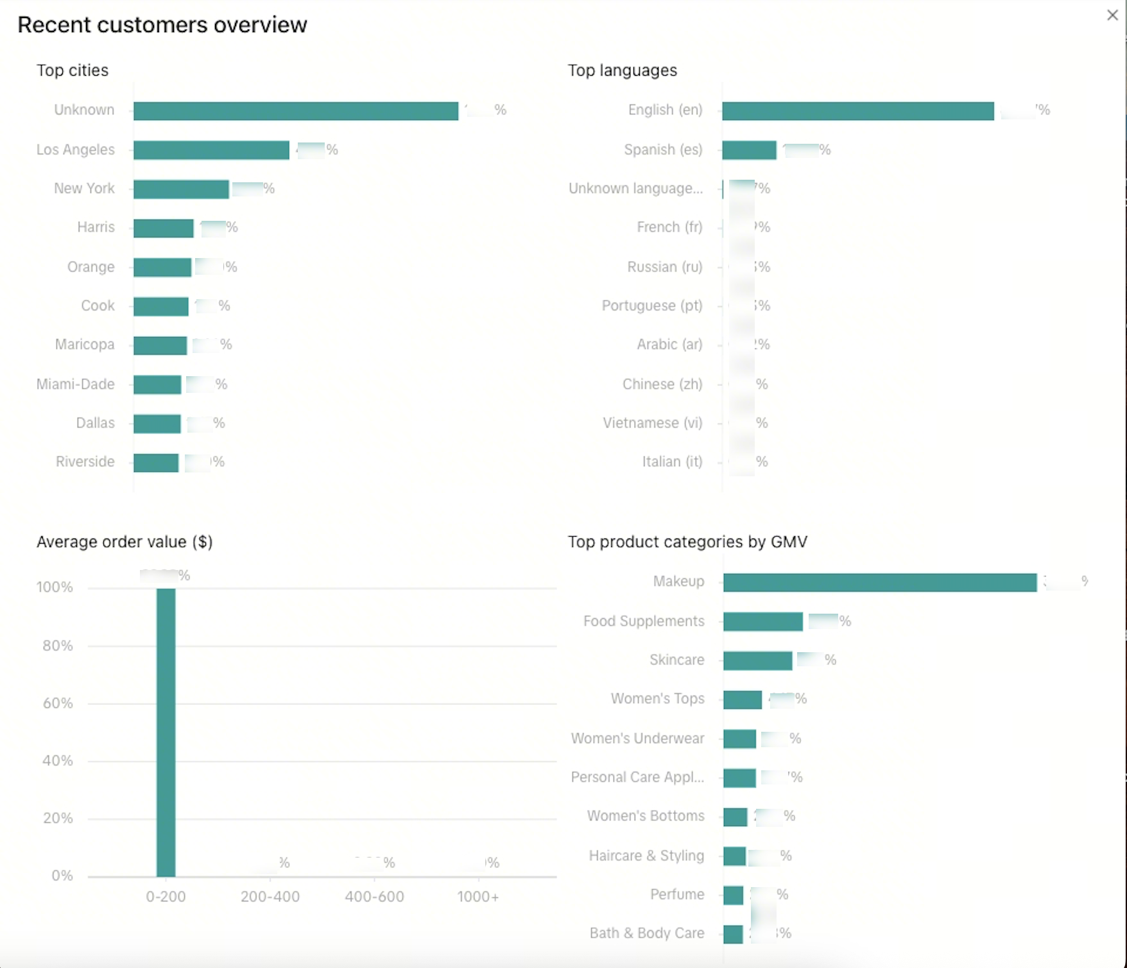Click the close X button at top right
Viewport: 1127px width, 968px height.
click(1112, 15)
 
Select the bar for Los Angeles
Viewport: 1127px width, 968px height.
click(211, 150)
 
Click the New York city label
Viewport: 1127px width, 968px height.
click(84, 189)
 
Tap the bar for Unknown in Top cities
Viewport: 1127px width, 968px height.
click(296, 110)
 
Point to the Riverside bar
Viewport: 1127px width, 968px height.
click(156, 462)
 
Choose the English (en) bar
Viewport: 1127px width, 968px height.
click(857, 110)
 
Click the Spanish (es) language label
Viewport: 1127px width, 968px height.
click(663, 150)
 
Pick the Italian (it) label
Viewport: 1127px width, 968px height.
click(672, 462)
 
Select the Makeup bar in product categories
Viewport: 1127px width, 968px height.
click(879, 582)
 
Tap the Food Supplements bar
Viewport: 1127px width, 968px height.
click(762, 621)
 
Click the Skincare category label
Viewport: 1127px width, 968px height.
click(676, 660)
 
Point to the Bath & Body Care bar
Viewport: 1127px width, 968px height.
click(733, 934)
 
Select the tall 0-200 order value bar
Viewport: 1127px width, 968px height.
click(166, 732)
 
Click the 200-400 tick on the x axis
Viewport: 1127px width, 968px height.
click(270, 897)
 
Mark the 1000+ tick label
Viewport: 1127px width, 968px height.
click(478, 897)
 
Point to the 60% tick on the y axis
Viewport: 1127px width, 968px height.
click(58, 704)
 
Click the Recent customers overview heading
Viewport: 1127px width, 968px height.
click(162, 25)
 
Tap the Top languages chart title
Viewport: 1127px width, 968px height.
click(622, 71)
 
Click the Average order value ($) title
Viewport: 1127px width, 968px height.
click(125, 542)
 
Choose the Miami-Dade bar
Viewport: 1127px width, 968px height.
click(157, 385)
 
